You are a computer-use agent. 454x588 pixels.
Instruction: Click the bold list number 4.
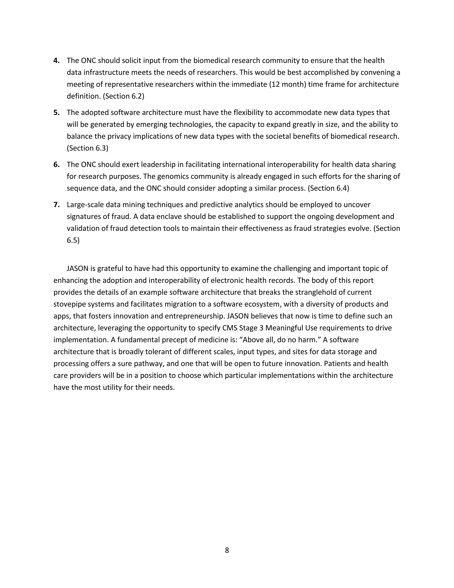coord(56,61)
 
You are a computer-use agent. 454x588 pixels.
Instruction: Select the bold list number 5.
coord(56,112)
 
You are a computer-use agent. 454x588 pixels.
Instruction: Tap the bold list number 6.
coord(56,164)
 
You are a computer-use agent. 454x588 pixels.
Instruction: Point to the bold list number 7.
coord(56,205)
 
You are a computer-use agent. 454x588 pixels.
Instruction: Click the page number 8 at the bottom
coord(227,550)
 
